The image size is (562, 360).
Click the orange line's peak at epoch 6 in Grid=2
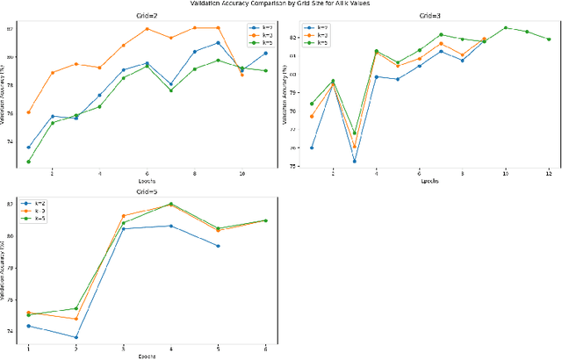tap(147, 28)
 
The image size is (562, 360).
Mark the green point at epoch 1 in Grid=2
tap(28, 162)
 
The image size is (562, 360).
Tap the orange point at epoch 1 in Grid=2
tap(28, 112)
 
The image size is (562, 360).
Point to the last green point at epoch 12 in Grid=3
tap(549, 39)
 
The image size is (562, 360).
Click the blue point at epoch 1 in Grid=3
tap(312, 148)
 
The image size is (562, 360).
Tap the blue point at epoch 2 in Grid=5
tap(76, 337)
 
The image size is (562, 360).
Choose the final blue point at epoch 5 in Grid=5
tap(218, 246)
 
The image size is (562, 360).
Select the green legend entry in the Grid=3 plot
tap(312, 41)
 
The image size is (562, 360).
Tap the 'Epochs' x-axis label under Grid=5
tap(147, 356)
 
